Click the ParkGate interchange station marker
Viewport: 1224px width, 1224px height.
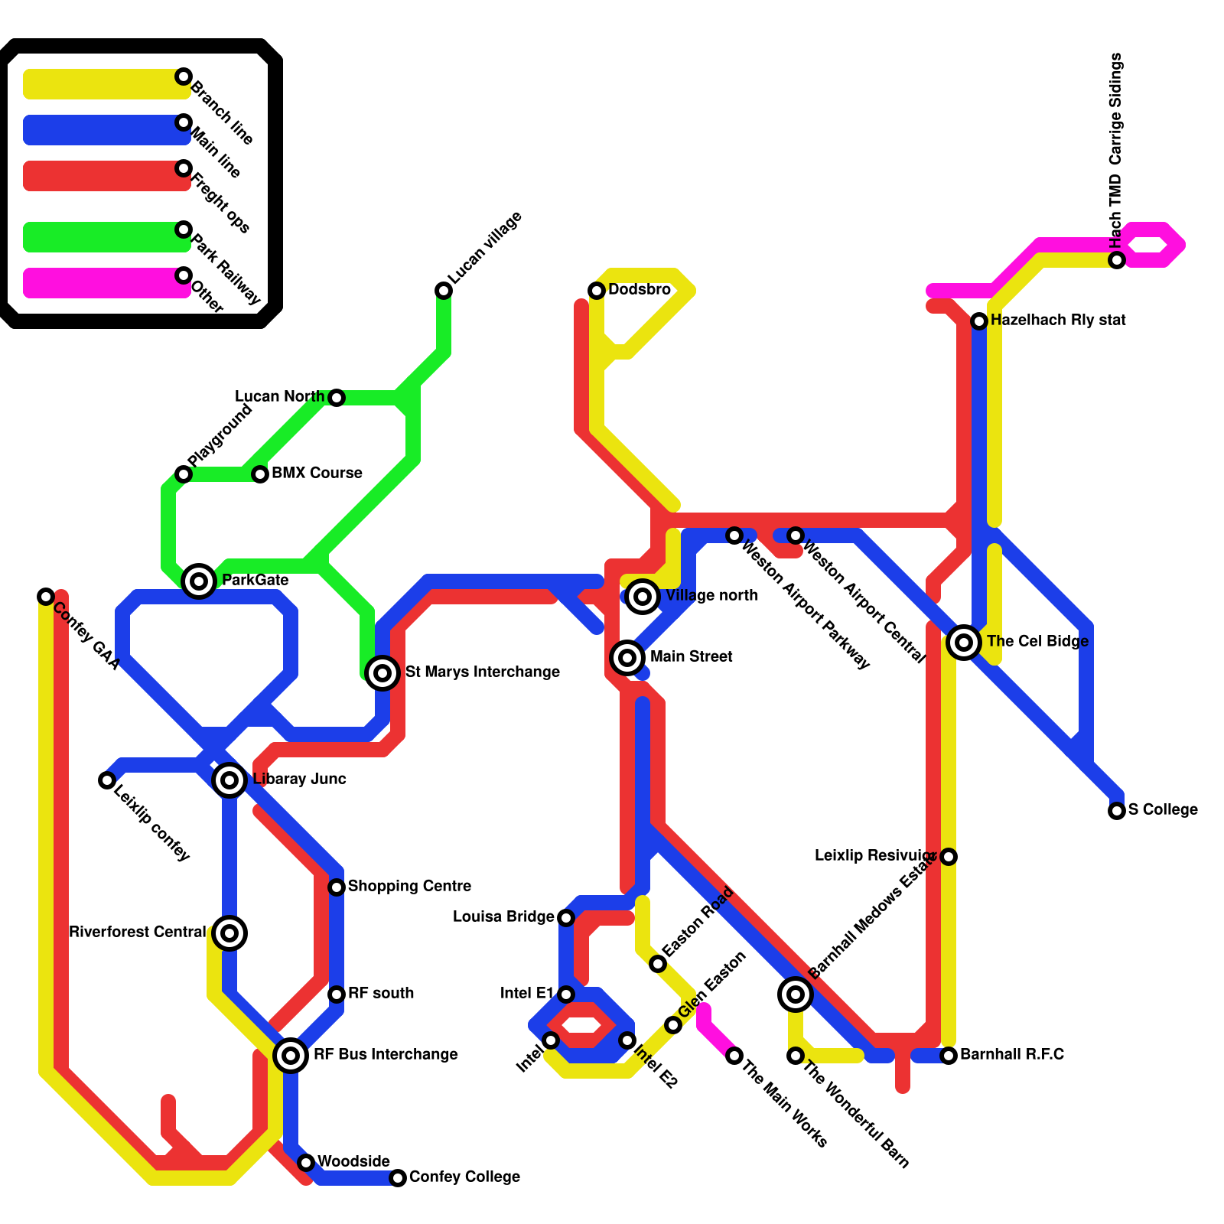click(199, 581)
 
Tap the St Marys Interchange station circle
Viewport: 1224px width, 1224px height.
click(382, 673)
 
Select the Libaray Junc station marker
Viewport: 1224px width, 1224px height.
click(229, 780)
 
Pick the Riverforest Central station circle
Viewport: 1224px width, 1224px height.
click(229, 933)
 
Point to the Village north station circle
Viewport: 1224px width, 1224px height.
click(643, 597)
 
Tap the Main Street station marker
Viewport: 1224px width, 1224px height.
click(627, 657)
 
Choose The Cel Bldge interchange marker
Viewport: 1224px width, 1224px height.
click(964, 643)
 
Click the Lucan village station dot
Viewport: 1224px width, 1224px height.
click(444, 291)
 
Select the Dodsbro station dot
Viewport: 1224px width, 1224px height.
click(597, 291)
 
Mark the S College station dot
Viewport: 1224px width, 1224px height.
click(1117, 811)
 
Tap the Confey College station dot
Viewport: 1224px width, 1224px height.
click(398, 1178)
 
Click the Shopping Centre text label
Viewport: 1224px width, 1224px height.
click(409, 887)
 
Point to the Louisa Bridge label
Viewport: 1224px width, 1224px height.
click(503, 917)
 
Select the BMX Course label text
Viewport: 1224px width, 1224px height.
click(317, 474)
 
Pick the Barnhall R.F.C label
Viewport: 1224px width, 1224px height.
click(1011, 1055)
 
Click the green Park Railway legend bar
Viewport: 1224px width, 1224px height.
click(103, 237)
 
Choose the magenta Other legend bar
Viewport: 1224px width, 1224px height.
click(103, 283)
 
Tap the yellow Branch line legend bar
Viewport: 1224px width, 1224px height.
click(103, 84)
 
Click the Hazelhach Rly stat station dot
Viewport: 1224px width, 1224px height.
click(979, 321)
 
